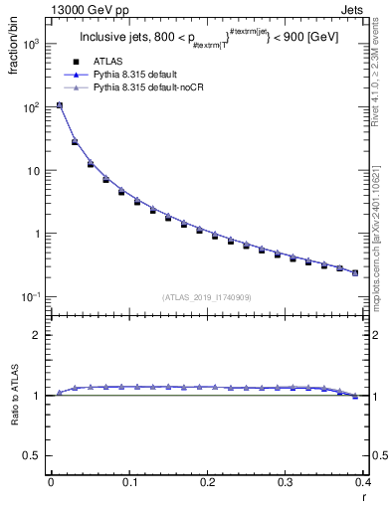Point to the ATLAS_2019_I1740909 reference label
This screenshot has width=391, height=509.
click(206, 297)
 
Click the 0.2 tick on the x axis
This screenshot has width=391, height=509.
click(207, 482)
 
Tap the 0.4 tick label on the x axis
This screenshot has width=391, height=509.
click(363, 482)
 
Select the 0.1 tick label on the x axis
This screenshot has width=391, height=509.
click(129, 482)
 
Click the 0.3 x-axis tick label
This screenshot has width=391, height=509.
click(286, 482)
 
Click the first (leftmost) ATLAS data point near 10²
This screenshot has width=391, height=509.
click(60, 105)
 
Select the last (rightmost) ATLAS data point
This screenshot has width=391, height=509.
click(355, 272)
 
